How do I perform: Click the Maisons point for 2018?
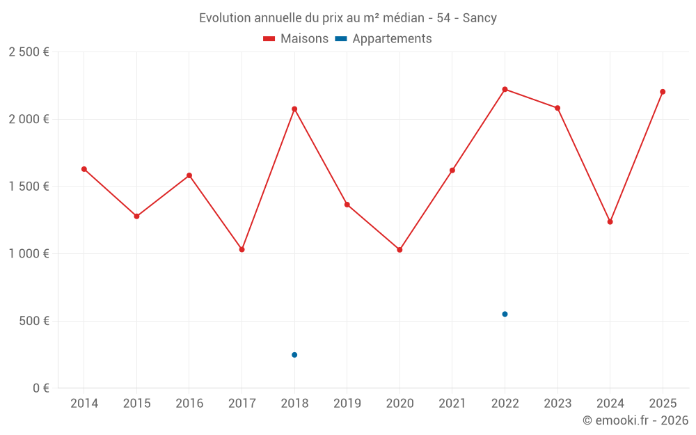pyautogui.click(x=294, y=109)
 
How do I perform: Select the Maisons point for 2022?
pyautogui.click(x=505, y=89)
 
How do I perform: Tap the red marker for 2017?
pyautogui.click(x=242, y=249)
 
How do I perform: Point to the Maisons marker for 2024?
pyautogui.click(x=610, y=222)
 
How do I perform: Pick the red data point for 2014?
pyautogui.click(x=84, y=169)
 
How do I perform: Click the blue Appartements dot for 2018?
pyautogui.click(x=294, y=355)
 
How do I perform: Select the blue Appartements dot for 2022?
pyautogui.click(x=505, y=314)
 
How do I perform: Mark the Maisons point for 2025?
pyautogui.click(x=663, y=92)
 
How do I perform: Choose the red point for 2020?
pyautogui.click(x=400, y=250)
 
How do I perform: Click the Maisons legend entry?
pyautogui.click(x=296, y=39)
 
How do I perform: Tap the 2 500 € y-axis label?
pyautogui.click(x=29, y=52)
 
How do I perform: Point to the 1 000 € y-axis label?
pyautogui.click(x=29, y=254)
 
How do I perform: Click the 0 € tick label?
pyautogui.click(x=40, y=388)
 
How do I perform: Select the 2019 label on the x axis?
pyautogui.click(x=347, y=404)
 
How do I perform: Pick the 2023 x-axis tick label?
pyautogui.click(x=557, y=404)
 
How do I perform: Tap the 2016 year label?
pyautogui.click(x=189, y=404)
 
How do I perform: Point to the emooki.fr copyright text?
pyautogui.click(x=635, y=420)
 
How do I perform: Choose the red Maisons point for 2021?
pyautogui.click(x=452, y=171)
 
